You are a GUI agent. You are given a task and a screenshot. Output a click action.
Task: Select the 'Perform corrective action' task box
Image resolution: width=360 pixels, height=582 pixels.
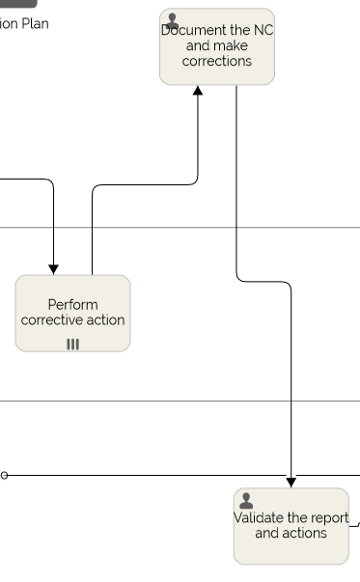pos(72,313)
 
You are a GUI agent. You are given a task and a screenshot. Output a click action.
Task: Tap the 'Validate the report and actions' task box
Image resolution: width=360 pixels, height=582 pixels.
pos(291,526)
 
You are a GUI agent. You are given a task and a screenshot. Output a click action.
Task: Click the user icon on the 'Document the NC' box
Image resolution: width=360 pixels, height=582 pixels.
pos(173,20)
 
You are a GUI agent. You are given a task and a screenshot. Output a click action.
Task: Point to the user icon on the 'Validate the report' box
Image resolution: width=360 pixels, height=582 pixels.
pos(246,500)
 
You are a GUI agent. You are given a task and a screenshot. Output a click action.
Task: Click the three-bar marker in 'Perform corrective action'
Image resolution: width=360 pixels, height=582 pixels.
pos(72,345)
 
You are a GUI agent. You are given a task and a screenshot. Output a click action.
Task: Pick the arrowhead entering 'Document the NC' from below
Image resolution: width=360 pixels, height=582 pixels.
pos(198,91)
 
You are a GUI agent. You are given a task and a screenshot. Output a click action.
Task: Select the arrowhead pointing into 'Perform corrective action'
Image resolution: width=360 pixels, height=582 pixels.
pos(53,269)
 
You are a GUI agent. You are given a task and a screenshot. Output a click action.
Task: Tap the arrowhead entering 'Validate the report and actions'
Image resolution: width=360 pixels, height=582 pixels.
pos(291,482)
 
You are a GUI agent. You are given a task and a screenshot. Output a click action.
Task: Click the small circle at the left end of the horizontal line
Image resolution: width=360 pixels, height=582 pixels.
pos(4,476)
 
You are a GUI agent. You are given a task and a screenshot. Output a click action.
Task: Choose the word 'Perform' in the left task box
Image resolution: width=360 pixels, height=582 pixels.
pos(72,305)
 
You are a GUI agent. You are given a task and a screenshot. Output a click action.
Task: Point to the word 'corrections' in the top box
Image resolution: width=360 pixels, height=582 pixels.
pos(217,62)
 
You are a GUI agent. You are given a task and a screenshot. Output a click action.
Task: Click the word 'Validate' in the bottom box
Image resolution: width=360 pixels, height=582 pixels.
pos(258,518)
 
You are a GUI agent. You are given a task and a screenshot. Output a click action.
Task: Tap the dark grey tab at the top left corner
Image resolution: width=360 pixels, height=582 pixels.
pos(17,4)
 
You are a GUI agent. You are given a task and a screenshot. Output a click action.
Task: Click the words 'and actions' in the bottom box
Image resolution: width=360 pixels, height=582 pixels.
pos(291,534)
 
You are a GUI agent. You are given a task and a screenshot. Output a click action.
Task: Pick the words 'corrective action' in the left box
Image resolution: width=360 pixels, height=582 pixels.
pos(72,320)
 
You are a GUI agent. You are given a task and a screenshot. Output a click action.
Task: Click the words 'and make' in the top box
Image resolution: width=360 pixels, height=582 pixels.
pos(217,46)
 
